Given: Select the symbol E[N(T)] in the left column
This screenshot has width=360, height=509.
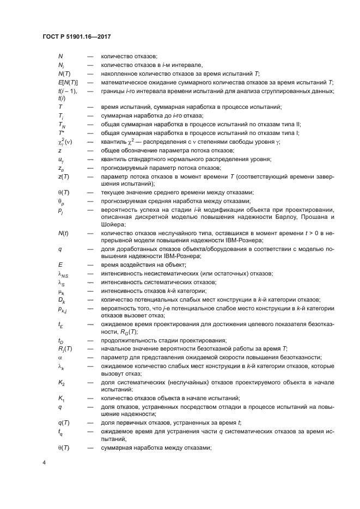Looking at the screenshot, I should coord(68,82).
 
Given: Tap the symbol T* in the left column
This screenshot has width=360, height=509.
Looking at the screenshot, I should coord(60,133).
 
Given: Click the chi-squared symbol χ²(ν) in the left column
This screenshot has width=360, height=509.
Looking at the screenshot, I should coord(65,141).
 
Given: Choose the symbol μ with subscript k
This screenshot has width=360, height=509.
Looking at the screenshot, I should coord(61,291).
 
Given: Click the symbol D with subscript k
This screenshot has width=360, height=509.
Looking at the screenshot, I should coord(61,300).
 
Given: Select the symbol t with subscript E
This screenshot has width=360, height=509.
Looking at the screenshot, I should coord(60,324).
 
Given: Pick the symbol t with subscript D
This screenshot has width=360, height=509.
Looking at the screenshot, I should coord(60,341).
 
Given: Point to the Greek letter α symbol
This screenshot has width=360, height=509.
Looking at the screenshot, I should coord(60,357).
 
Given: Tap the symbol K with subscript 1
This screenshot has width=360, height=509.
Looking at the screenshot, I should coord(61,399).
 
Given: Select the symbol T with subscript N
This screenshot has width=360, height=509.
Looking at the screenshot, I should coord(61,125).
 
